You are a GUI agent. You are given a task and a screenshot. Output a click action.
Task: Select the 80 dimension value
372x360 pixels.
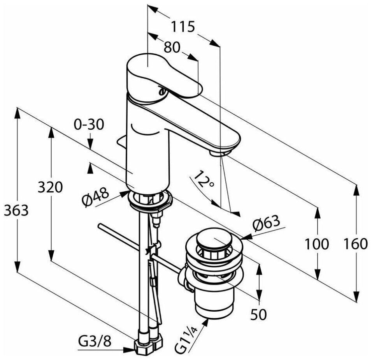pos(172,48)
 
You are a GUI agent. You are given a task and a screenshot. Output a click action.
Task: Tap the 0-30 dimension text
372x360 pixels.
pos(89,125)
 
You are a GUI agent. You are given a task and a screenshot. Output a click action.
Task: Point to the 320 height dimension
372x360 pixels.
pos(50,187)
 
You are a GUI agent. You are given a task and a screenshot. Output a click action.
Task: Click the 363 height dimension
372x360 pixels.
pos(16,210)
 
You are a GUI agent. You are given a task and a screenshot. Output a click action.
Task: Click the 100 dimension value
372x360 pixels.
pos(316,244)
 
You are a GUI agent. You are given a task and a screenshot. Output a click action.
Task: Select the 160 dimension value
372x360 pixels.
pos(356,244)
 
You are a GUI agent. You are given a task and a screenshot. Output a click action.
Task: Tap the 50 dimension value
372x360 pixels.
pos(258,314)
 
